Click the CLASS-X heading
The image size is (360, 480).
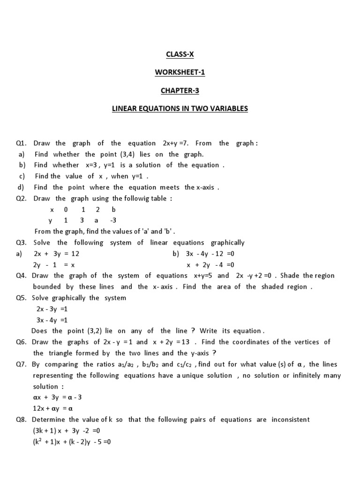tap(180, 54)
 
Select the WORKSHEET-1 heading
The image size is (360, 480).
tap(180, 73)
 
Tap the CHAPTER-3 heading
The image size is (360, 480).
tap(180, 90)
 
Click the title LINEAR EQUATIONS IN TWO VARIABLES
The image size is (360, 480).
tap(180, 109)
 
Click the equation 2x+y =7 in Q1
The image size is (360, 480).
tap(176, 143)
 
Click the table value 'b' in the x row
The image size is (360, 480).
tap(113, 210)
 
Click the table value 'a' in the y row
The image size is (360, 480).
tap(97, 220)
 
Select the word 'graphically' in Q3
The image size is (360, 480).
tap(228, 243)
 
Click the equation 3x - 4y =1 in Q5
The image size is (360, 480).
tap(52, 320)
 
